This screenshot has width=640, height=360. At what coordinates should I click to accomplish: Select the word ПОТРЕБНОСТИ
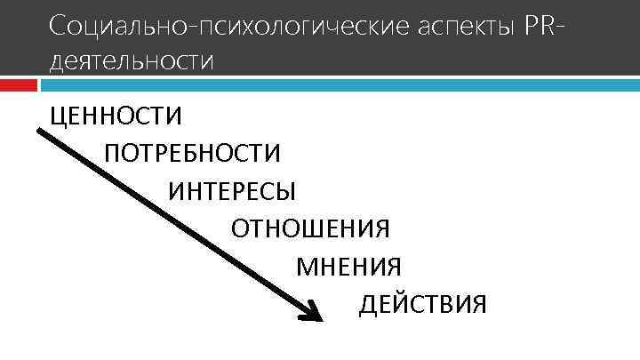point(191,153)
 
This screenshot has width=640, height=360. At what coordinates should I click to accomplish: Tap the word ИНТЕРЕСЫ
point(232,191)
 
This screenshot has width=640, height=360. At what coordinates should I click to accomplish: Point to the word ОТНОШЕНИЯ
point(310,229)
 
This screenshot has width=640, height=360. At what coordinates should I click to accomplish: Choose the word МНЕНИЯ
point(348,267)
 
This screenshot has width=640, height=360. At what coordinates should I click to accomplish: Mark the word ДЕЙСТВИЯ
point(423,305)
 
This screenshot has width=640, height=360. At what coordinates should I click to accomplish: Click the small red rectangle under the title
point(18,85)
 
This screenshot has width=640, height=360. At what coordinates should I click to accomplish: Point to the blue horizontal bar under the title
point(338,85)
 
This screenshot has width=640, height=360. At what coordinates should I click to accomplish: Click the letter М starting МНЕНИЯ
point(306,267)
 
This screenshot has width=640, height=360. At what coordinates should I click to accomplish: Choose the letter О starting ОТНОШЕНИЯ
point(241,229)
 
